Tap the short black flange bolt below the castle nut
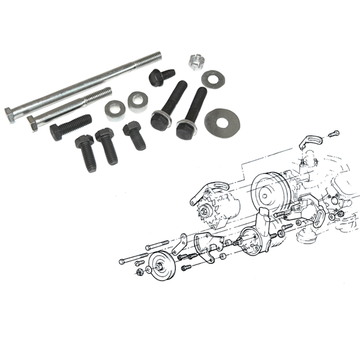161,77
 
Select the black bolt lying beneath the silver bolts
70,126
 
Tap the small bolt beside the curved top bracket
334,133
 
